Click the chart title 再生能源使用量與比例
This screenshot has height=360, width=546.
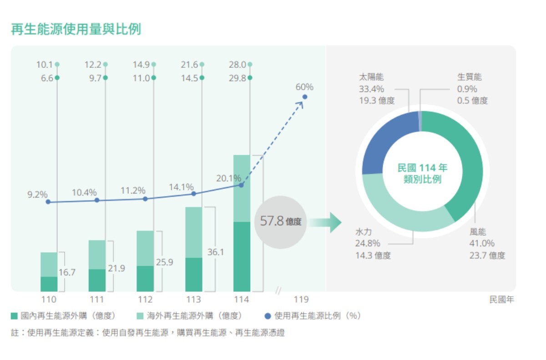click(76, 29)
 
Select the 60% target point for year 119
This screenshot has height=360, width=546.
click(305, 97)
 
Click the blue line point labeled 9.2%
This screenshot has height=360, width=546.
click(48, 202)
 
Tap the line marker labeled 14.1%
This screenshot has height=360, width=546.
click(193, 194)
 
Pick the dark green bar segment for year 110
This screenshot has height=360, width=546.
click(49, 284)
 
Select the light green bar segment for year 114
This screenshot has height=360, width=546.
click(242, 188)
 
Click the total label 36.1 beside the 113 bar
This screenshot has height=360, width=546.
click(216, 252)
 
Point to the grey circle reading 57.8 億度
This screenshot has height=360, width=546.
click(280, 222)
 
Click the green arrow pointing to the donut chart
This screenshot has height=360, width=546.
click(325, 222)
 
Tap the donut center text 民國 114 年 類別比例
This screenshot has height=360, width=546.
click(422, 173)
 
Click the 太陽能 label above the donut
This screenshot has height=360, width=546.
click(371, 77)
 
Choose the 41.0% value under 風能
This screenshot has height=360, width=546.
click(482, 243)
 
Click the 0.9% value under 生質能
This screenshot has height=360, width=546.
click(467, 89)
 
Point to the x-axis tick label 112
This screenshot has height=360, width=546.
click(145, 299)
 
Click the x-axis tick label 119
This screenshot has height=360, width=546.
click(301, 299)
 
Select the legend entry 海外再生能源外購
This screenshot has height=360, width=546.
click(189, 316)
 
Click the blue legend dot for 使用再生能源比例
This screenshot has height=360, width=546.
click(268, 316)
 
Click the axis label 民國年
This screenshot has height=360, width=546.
click(501, 299)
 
